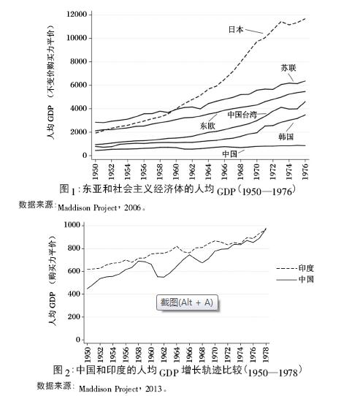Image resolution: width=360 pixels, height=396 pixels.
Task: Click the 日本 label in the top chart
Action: (236, 29)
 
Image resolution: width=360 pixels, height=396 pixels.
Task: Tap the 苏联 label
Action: (288, 68)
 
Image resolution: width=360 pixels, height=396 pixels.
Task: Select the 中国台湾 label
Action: (242, 115)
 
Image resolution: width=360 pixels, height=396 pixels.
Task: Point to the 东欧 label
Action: (207, 126)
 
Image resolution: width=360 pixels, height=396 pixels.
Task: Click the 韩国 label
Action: (286, 137)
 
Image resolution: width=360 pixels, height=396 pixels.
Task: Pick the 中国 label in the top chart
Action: (230, 154)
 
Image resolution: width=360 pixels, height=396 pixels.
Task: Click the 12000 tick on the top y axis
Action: (77, 14)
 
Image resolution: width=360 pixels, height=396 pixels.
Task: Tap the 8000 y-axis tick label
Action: (79, 61)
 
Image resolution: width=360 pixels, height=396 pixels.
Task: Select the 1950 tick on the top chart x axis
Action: (96, 172)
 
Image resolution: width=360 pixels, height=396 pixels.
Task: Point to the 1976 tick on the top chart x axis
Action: (305, 172)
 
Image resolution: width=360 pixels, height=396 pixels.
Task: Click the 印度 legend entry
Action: (295, 268)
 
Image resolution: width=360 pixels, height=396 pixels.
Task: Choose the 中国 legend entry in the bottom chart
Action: (295, 279)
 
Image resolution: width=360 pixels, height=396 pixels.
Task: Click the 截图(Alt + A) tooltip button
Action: (187, 302)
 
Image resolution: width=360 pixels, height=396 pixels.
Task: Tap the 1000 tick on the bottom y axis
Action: (72, 225)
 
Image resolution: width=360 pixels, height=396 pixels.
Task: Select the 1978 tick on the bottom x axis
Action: (266, 354)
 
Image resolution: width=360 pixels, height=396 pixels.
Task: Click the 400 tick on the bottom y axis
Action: (74, 294)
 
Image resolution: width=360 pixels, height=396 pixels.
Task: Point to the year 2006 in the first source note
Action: (133, 207)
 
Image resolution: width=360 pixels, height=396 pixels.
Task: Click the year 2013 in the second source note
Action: (153, 389)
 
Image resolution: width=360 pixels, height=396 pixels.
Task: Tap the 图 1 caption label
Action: (67, 189)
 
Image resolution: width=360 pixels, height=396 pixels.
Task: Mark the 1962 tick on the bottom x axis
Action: (164, 354)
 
